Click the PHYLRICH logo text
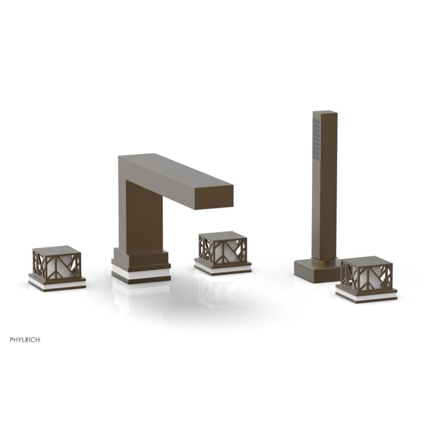pos(25,340)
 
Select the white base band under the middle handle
pos(222,268)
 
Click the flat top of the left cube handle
pos(56,250)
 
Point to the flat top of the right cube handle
pos(366,260)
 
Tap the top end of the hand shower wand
pos(325,114)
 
